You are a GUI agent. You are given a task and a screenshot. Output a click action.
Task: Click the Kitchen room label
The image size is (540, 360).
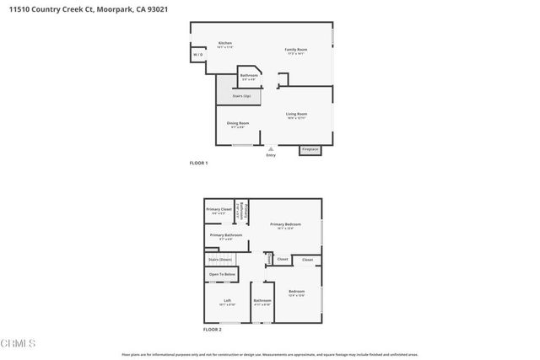[x=225, y=43]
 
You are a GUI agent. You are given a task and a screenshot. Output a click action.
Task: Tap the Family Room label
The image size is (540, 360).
[x=295, y=50]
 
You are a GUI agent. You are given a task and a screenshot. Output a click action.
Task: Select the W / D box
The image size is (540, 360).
[x=198, y=55]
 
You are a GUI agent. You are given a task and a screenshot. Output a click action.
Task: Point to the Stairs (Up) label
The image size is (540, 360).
[x=241, y=96]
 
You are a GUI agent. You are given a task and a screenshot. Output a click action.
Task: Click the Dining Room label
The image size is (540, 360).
[x=238, y=123]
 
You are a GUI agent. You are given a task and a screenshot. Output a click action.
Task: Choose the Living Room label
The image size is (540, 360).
[x=296, y=114]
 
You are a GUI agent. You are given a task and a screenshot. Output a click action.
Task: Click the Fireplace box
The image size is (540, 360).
[x=310, y=150]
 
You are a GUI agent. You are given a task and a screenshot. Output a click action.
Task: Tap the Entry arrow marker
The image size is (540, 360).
[x=271, y=148]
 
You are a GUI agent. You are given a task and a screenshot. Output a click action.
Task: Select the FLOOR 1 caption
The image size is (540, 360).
[x=198, y=163]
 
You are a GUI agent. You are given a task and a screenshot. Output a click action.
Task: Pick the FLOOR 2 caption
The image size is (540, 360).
[x=211, y=329]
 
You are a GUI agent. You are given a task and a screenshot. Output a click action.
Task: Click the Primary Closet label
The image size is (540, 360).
[x=219, y=209]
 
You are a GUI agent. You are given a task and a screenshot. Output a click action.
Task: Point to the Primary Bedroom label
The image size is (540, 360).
[x=286, y=223]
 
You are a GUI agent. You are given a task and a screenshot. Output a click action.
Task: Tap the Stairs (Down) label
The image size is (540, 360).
[x=220, y=260]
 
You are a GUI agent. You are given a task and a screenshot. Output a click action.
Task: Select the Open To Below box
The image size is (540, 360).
[x=223, y=275]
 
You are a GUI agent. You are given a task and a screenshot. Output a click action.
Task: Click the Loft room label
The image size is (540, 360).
[x=227, y=300]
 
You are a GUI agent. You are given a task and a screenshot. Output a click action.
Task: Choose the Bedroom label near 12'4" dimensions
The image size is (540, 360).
[x=297, y=291]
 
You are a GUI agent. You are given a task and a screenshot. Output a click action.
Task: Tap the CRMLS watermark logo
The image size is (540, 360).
[x=19, y=345]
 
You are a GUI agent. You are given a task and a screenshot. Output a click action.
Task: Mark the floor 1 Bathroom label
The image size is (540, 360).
[x=249, y=75]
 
